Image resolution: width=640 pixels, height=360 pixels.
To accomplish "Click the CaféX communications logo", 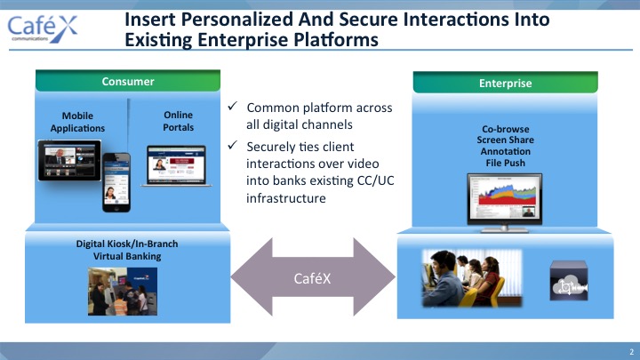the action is point(43,28).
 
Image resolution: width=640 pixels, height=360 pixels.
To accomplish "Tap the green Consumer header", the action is point(128,81).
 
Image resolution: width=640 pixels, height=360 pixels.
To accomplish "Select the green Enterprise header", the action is point(505,83).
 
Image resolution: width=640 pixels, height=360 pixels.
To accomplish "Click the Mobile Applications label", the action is point(77,122).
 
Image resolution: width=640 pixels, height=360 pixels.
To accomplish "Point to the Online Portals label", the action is point(178,121).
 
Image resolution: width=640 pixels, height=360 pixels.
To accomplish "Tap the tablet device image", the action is point(69,160).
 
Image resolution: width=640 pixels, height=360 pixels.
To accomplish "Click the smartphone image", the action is point(116,182).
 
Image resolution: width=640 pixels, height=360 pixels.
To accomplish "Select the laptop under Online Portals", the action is point(176,166).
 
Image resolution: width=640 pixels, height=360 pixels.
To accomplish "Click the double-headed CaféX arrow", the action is point(313,277).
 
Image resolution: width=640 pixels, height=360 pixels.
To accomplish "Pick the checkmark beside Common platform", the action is point(233,106).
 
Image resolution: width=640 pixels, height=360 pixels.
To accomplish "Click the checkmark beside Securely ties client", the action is point(233,145).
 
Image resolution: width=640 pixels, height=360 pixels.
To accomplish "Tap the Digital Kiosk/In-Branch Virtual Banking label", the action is point(127,250).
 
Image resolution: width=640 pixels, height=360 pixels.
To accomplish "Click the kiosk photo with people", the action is point(123,291).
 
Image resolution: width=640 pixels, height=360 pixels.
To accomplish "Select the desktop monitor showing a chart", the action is point(505,203).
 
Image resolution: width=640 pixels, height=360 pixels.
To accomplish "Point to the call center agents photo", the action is point(472,278).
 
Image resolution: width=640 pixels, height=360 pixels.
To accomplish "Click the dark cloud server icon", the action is point(569,280).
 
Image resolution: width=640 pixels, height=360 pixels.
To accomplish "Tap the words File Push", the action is point(505,163).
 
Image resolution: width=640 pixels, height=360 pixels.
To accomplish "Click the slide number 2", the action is point(631,351).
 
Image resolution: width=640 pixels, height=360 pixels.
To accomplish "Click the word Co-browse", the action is point(505,129).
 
